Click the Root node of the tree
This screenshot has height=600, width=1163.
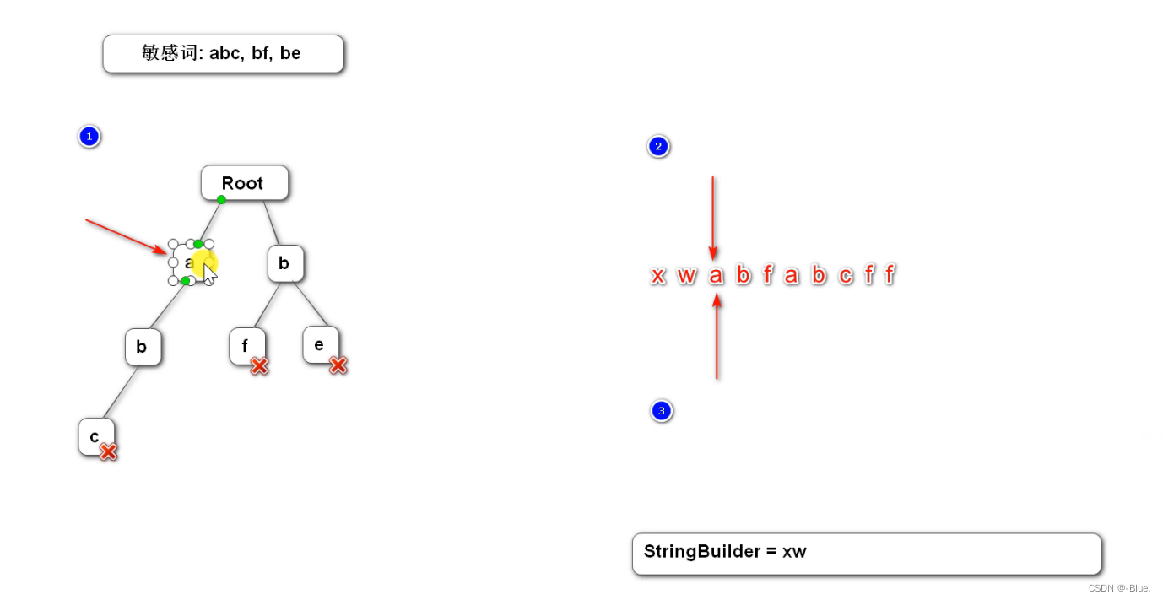click(244, 183)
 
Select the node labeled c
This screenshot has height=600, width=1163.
click(95, 436)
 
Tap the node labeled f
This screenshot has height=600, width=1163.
click(246, 345)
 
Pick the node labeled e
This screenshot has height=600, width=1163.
click(319, 344)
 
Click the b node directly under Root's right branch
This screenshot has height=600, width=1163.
click(284, 263)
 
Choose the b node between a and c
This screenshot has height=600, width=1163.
click(142, 347)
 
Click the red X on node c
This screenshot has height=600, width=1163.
click(108, 451)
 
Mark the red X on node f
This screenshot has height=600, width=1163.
click(259, 365)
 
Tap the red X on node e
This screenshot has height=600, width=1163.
click(338, 365)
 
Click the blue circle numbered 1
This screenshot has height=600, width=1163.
click(89, 136)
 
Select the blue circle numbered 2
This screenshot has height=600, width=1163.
click(658, 147)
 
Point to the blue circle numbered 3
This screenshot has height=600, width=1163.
click(661, 411)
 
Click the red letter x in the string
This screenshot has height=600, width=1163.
click(658, 275)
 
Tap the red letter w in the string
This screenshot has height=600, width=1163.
click(686, 275)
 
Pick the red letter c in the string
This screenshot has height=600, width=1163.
click(846, 275)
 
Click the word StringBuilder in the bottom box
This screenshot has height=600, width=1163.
click(701, 552)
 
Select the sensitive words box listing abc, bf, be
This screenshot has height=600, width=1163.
click(223, 54)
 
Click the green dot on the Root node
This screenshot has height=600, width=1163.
click(221, 199)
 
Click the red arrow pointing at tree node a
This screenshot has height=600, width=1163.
click(127, 235)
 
